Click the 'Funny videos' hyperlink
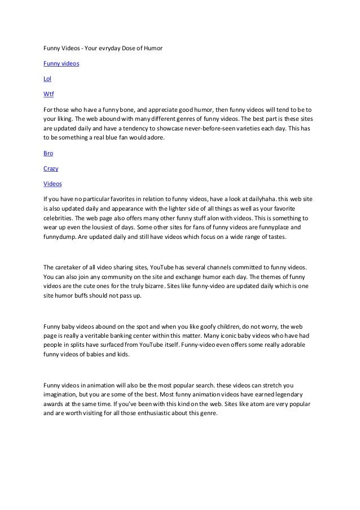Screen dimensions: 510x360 tap(61, 64)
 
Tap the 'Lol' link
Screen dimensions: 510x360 tap(47, 79)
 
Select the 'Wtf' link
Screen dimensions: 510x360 tap(49, 94)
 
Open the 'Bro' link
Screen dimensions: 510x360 tap(49, 153)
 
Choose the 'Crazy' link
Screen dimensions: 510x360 tap(51, 168)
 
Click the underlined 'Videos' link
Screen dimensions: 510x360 tap(53, 184)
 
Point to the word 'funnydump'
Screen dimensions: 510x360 tap(62, 237)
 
